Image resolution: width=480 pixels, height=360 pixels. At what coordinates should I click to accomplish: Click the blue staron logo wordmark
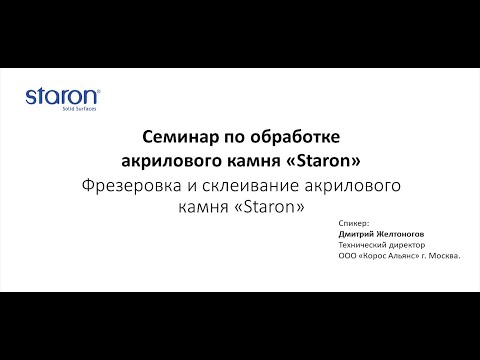61,97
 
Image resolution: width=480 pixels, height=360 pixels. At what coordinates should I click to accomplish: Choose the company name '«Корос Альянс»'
393,257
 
